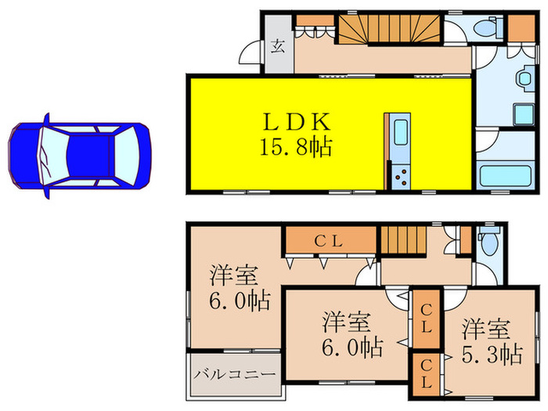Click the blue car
(x=78, y=155)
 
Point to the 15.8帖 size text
(x=297, y=146)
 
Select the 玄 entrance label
(x=278, y=46)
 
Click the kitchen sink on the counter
(x=399, y=132)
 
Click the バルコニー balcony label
(x=234, y=375)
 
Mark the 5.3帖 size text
(x=492, y=354)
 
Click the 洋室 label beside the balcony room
(x=233, y=276)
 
